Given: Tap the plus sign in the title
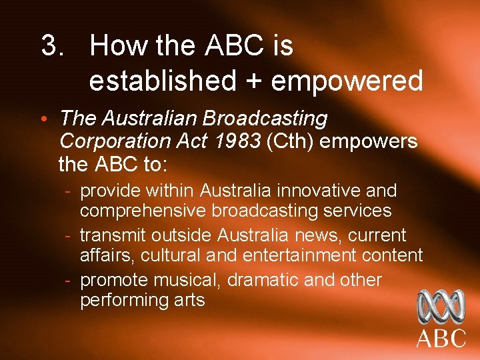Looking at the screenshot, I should (x=253, y=81).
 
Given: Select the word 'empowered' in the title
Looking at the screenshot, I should (x=347, y=81).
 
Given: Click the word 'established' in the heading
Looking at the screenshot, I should (x=162, y=81).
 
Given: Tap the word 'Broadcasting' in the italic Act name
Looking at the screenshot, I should (x=265, y=119).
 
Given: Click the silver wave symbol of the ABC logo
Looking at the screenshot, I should (x=441, y=307).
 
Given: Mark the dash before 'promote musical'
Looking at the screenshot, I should (x=69, y=280).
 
